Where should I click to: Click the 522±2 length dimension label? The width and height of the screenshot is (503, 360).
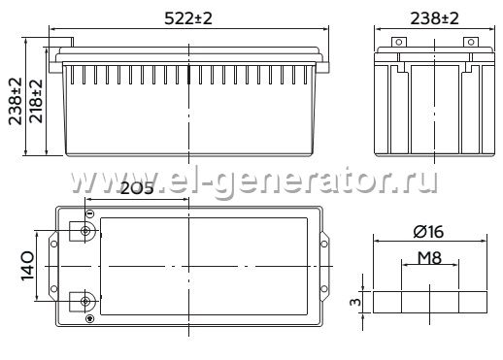tap(188, 18)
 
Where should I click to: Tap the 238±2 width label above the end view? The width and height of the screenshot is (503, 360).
tap(434, 18)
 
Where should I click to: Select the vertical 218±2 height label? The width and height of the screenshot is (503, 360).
tap(36, 101)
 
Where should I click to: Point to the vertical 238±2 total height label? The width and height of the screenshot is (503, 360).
tap(16, 101)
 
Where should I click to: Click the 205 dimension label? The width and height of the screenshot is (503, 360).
tap(137, 188)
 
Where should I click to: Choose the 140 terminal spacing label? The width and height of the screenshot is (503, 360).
tap(27, 266)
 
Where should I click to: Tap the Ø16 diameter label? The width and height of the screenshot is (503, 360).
tap(428, 232)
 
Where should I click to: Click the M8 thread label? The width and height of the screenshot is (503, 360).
tap(429, 258)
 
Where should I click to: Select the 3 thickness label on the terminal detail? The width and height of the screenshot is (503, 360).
tap(355, 302)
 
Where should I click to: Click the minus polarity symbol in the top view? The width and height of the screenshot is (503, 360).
tap(90, 213)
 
